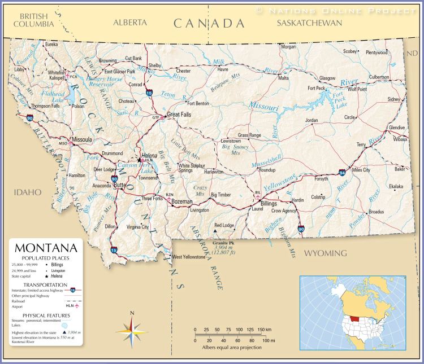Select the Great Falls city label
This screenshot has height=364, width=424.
[x=179, y=114]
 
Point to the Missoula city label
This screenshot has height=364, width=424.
[x=82, y=139]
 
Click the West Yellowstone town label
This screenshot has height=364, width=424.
[x=189, y=257]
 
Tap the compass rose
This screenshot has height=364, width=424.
[x=132, y=331]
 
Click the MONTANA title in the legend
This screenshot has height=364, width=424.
[x=46, y=248]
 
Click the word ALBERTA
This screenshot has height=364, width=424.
[x=130, y=23]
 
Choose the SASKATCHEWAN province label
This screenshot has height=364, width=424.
[x=310, y=23]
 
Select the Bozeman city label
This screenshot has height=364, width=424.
[x=182, y=201]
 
